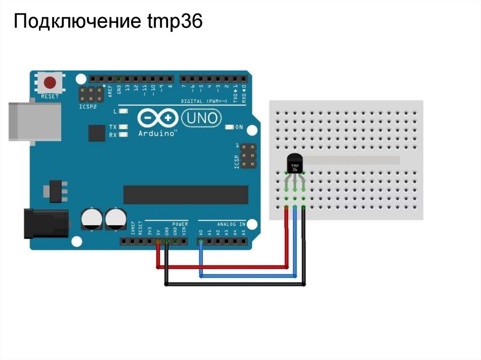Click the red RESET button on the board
click(50, 83)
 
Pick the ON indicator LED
click(230, 127)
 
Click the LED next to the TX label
click(124, 127)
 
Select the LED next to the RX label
click(124, 135)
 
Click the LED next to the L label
click(124, 111)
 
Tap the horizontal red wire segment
click(221, 267)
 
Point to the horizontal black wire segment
click(235, 284)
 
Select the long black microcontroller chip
click(186, 195)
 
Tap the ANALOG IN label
click(231, 224)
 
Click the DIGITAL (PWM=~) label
click(204, 101)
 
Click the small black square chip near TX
click(97, 133)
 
